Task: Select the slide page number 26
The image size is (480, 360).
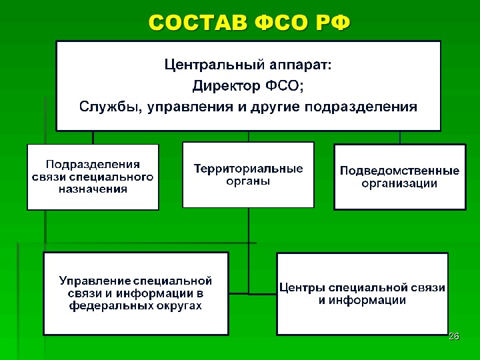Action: click(x=454, y=336)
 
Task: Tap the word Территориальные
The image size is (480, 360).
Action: click(x=248, y=169)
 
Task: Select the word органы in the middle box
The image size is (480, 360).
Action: click(x=248, y=181)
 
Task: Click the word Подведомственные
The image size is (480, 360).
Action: click(x=399, y=171)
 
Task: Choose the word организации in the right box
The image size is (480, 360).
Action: click(x=399, y=183)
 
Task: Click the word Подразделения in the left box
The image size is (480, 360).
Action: click(x=93, y=164)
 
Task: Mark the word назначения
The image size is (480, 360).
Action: click(x=93, y=189)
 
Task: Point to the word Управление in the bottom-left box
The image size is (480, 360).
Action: click(x=94, y=281)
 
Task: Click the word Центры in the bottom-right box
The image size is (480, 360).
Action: click(x=299, y=287)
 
